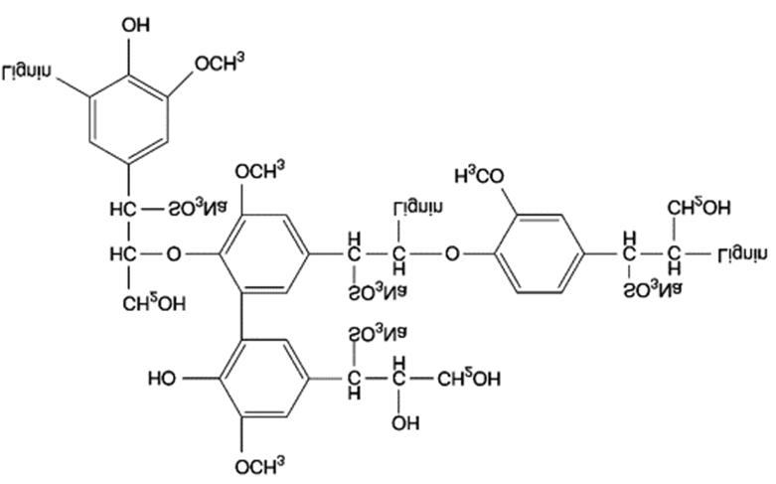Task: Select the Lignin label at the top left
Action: pyautogui.click(x=27, y=72)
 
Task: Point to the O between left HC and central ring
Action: pyautogui.click(x=174, y=254)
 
